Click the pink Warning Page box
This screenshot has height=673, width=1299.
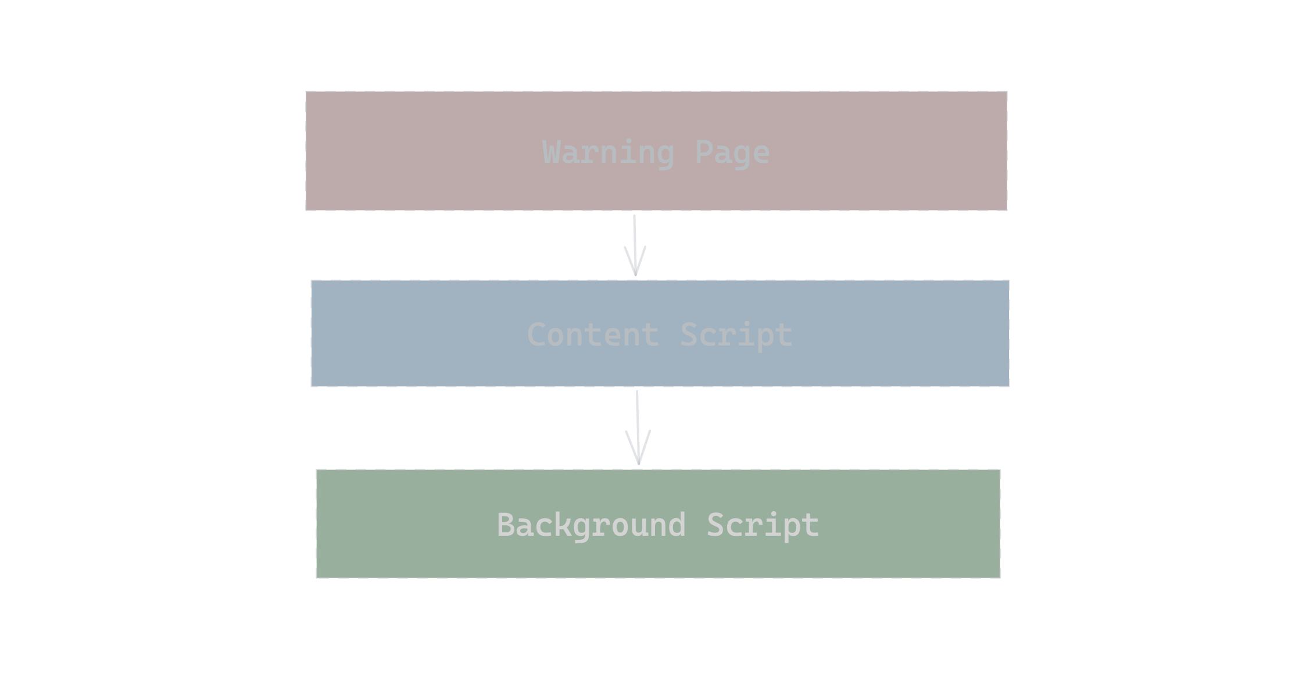pyautogui.click(x=656, y=151)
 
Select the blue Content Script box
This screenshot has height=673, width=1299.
pyautogui.click(x=660, y=333)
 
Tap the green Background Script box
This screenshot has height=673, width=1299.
pyautogui.click(x=658, y=524)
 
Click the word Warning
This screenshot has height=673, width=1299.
pyautogui.click(x=608, y=153)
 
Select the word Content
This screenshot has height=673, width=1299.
pyautogui.click(x=593, y=335)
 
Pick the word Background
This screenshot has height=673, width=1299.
pyautogui.click(x=591, y=526)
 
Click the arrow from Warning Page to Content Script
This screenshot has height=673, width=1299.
pyautogui.click(x=635, y=245)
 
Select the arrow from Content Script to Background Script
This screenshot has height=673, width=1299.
pyautogui.click(x=638, y=428)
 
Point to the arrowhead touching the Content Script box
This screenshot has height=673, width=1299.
pyautogui.click(x=635, y=262)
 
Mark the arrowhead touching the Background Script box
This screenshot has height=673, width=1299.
pyautogui.click(x=638, y=448)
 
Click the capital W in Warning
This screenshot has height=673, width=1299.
pyautogui.click(x=551, y=152)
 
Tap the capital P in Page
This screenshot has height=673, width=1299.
pyautogui.click(x=704, y=152)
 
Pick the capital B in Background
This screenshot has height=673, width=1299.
pyautogui.click(x=506, y=525)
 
